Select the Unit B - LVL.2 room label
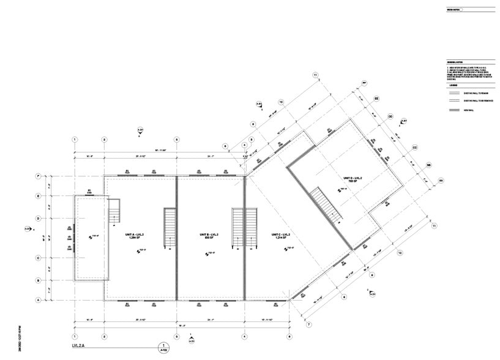pos(209,236)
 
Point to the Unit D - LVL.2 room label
pos(354,179)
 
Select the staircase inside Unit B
pos(237,228)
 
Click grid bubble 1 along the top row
pos(75,140)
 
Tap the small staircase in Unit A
pos(114,211)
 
